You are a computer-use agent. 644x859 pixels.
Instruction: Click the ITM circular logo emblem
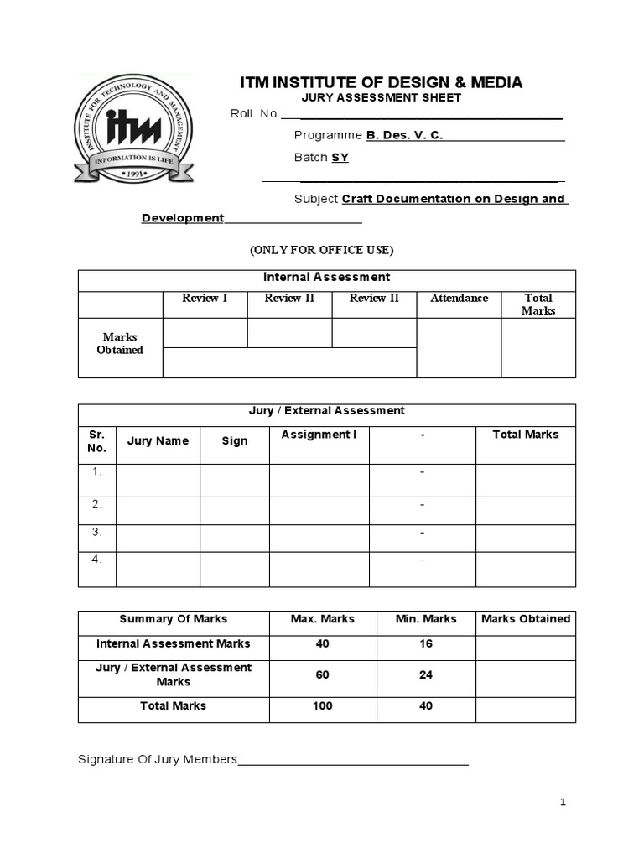click(x=133, y=128)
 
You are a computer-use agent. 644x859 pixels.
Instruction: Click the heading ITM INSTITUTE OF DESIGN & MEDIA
click(x=381, y=82)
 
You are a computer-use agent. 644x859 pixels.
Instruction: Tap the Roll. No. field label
click(x=255, y=114)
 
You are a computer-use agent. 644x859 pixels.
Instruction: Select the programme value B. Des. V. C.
click(x=404, y=135)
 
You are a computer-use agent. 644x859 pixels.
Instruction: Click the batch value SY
click(x=340, y=157)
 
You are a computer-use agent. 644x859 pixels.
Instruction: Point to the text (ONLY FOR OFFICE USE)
click(x=321, y=250)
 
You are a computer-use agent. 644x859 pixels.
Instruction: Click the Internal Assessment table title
click(x=326, y=277)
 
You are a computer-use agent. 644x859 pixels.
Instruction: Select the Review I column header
click(x=205, y=298)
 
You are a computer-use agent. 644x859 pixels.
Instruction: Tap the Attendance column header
click(x=459, y=298)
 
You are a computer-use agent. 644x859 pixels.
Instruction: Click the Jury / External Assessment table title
click(x=326, y=410)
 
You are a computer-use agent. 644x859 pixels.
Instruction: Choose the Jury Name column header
click(x=158, y=440)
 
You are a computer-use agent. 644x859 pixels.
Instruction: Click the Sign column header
click(x=234, y=440)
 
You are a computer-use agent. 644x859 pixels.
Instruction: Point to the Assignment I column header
click(x=319, y=435)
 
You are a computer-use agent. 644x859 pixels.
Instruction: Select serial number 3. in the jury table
click(x=96, y=532)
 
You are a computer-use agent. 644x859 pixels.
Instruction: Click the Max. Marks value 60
click(x=322, y=674)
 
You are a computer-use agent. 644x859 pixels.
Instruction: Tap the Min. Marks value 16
click(x=426, y=643)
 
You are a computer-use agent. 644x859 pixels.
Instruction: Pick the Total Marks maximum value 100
click(x=322, y=705)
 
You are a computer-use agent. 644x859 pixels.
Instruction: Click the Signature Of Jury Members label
click(x=158, y=759)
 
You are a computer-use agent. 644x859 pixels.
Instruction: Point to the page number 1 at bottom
click(x=563, y=803)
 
